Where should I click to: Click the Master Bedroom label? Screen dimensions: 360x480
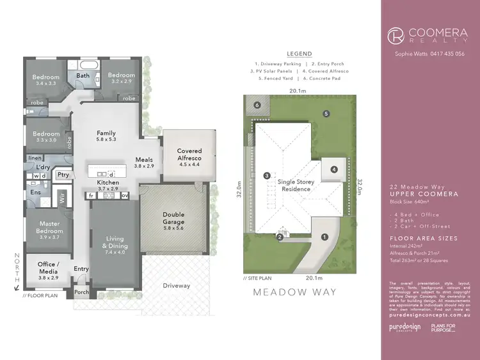click(49, 234)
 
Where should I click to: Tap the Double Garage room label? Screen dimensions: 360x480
click(174, 219)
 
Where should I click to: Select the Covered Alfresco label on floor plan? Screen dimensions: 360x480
click(189, 154)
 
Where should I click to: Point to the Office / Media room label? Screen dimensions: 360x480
click(48, 268)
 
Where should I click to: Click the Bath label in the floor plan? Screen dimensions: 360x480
click(83, 75)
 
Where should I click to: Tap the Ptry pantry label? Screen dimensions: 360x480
click(63, 174)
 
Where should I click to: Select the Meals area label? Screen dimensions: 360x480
click(144, 162)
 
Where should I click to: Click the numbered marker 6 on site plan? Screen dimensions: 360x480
click(257, 105)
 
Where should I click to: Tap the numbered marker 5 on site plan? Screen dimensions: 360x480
click(326, 114)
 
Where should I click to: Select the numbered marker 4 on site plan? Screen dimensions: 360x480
click(333, 169)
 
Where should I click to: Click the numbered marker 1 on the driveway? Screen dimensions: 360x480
click(324, 237)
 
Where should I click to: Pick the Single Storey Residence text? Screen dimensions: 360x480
click(296, 185)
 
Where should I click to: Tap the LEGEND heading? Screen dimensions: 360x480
click(300, 54)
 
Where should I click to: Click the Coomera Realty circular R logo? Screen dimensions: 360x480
click(397, 33)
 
